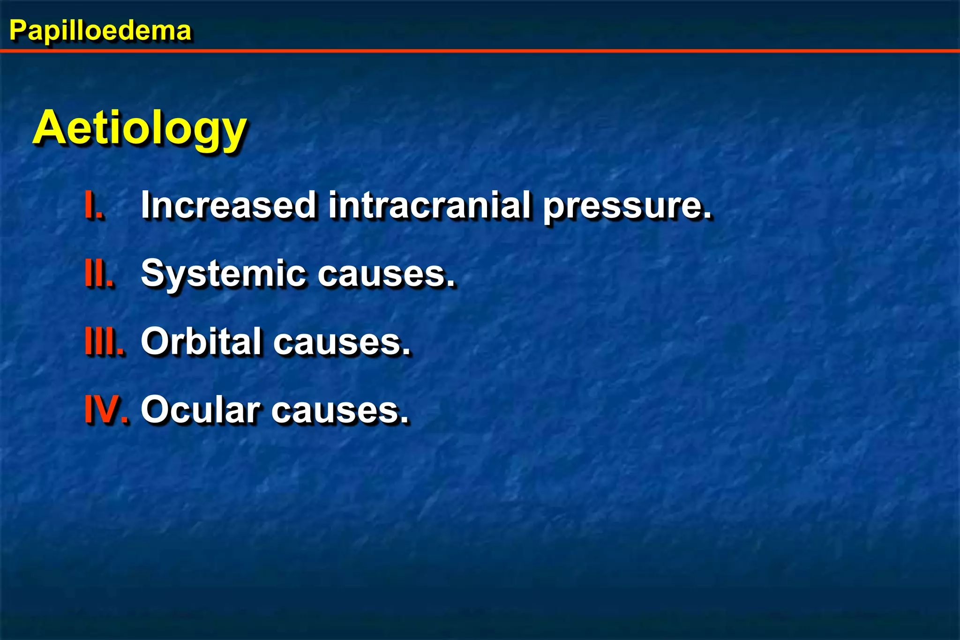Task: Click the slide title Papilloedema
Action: (x=100, y=31)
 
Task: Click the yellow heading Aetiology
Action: (x=140, y=127)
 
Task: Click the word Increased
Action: (x=228, y=205)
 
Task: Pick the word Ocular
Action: (x=200, y=409)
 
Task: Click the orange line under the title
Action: (x=480, y=51)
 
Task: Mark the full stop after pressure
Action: (x=707, y=216)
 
